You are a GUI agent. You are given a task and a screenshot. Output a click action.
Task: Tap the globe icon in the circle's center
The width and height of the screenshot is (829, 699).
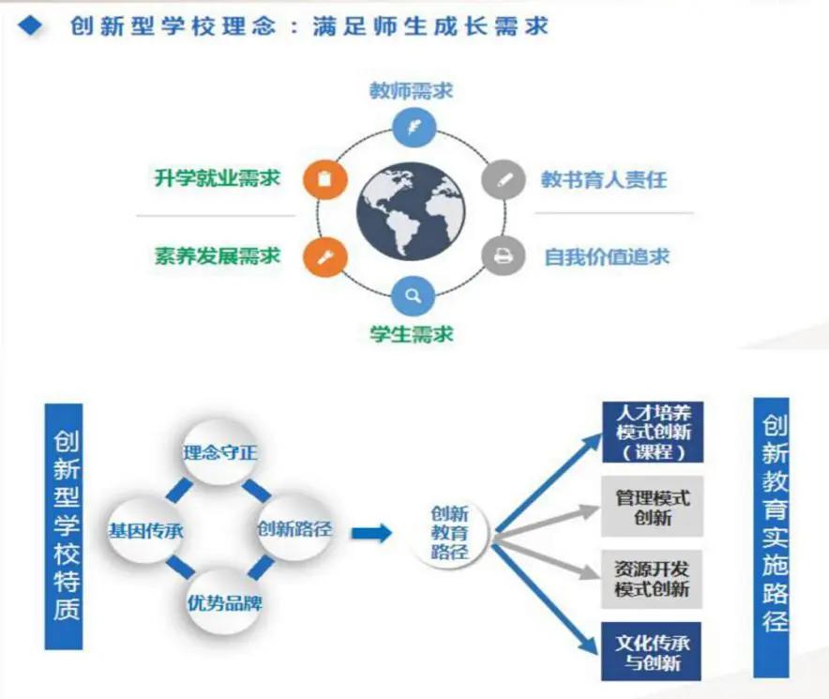coord(410,212)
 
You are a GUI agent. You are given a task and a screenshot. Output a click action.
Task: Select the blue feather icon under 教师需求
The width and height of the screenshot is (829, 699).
coord(413,126)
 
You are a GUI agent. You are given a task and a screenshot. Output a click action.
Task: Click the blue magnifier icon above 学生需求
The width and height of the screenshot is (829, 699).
coord(413,296)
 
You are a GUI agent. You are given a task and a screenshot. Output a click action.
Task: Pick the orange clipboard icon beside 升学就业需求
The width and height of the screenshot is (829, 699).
coord(324,178)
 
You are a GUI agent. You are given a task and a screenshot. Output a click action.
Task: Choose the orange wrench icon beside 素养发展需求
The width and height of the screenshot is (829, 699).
coord(324,255)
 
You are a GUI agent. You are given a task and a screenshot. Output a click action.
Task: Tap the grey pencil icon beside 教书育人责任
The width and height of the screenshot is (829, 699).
coord(504,178)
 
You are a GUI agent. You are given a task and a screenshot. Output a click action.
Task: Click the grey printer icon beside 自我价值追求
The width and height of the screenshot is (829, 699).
coord(504,255)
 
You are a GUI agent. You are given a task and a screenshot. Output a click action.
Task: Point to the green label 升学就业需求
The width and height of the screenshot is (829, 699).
coord(218,178)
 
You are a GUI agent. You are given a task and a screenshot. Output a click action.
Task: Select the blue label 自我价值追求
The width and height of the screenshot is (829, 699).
coord(607,256)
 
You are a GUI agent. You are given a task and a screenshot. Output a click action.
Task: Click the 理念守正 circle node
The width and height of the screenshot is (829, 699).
coord(219,454)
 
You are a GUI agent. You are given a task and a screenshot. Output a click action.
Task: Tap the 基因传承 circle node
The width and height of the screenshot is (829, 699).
coord(145,529)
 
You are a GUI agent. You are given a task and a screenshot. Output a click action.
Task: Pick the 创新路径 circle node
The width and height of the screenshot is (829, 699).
coord(294,528)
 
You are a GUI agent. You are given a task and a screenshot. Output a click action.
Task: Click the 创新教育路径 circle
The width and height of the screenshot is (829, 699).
coord(450,531)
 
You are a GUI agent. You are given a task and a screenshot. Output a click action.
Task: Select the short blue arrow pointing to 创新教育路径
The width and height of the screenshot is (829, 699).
coord(371,532)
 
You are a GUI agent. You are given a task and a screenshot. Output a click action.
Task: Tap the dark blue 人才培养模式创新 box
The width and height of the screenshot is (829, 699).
coord(652,432)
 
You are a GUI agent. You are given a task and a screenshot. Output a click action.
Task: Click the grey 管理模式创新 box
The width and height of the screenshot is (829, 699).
coord(652,506)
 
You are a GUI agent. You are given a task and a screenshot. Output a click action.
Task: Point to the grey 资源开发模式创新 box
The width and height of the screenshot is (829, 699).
coord(652,579)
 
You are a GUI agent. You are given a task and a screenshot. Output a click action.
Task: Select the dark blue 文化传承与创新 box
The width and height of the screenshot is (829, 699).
coord(652,652)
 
